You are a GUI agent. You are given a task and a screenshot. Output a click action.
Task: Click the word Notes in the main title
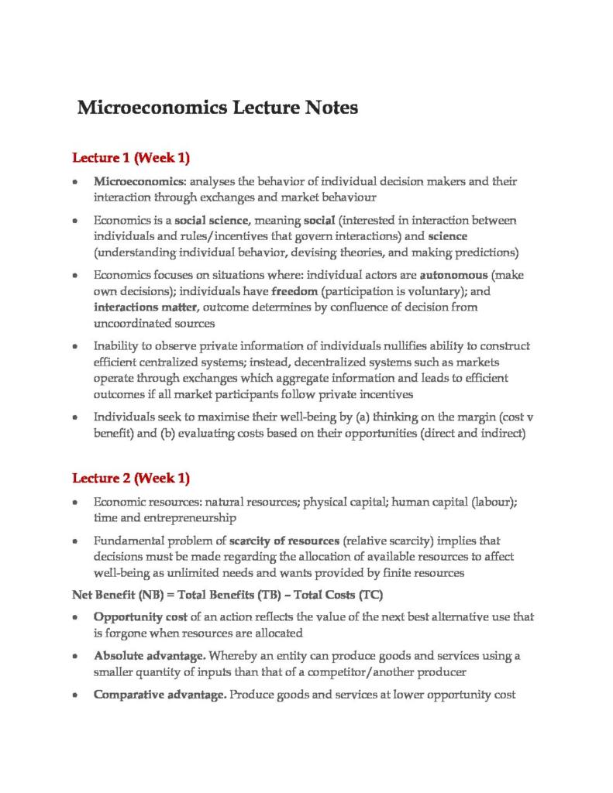326,107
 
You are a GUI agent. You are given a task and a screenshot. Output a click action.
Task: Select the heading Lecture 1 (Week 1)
131,159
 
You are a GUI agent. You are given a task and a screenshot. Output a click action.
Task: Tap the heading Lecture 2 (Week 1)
131,478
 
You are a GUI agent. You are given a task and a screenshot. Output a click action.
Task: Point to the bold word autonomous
453,275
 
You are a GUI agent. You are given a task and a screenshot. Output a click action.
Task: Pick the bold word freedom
295,291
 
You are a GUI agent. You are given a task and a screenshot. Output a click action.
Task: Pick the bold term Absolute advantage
144,655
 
